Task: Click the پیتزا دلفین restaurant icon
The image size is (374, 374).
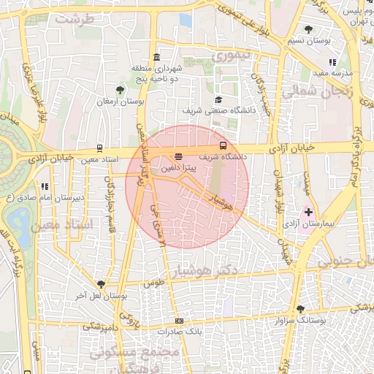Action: coord(179,156)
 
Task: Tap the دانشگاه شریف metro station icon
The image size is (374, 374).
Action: coord(224,145)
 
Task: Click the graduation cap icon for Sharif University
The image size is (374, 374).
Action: coord(218,100)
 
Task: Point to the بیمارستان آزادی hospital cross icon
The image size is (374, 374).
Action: coord(309,213)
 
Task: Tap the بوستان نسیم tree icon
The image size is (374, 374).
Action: coord(310,30)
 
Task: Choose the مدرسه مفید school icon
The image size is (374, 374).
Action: coord(332,63)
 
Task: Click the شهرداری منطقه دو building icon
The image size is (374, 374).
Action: coord(157,58)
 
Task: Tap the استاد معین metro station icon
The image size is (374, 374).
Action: coord(100,148)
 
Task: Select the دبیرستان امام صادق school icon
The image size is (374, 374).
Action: coord(45,187)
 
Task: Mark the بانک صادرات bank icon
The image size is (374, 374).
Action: coord(179,321)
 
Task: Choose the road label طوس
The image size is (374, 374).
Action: coord(153,283)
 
